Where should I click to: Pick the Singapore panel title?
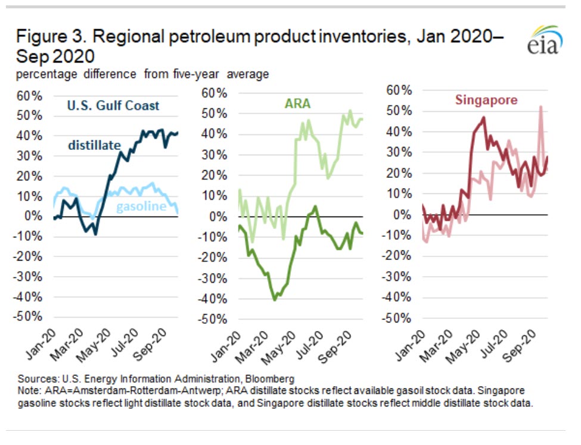click(486, 100)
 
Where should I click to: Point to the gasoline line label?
click(141, 206)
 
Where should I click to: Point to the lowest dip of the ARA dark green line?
click(275, 299)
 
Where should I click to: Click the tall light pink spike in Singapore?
click(540, 108)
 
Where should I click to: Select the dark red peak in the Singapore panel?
click(483, 118)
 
